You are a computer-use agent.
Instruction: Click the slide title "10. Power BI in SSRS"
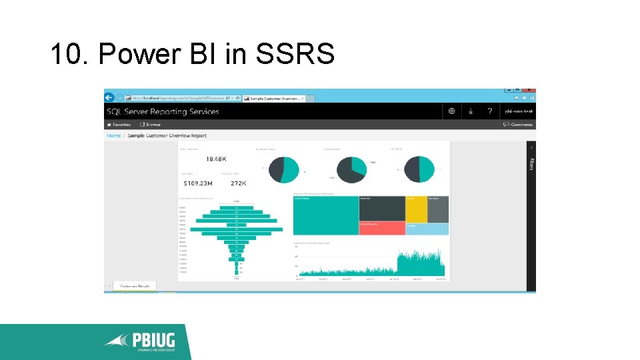click(192, 54)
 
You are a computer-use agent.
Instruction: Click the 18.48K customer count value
click(217, 159)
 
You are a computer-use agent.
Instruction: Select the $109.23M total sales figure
click(198, 183)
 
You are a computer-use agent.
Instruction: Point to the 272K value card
click(239, 183)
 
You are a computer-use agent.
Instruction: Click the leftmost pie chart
click(283, 169)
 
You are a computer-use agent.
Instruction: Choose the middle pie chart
click(351, 169)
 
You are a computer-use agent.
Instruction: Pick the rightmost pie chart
click(420, 169)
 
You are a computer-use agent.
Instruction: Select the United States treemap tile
click(325, 215)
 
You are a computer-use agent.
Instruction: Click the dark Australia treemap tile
click(381, 208)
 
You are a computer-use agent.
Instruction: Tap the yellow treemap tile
click(416, 209)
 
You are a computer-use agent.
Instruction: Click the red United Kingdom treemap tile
click(381, 228)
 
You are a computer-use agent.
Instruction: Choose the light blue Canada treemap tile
click(427, 229)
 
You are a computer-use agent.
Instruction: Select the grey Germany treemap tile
click(437, 209)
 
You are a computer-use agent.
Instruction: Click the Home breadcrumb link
click(114, 135)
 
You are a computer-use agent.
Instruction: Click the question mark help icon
click(489, 111)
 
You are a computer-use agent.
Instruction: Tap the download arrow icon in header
click(471, 111)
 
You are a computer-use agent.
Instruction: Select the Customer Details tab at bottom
click(135, 286)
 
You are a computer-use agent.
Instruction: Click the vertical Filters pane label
click(531, 163)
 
